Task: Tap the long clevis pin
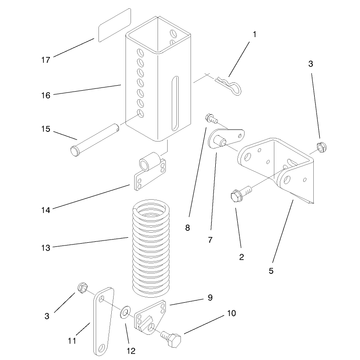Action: click(x=95, y=140)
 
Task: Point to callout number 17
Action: click(x=46, y=60)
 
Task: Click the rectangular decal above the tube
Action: click(x=115, y=25)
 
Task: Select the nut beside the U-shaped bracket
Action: click(x=322, y=147)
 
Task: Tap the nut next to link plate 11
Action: click(x=82, y=288)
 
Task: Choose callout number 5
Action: click(x=271, y=271)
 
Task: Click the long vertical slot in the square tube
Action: click(x=175, y=104)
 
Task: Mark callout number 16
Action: click(x=46, y=95)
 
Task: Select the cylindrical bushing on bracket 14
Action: click(x=150, y=161)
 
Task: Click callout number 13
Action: click(x=46, y=248)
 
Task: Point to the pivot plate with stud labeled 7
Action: click(x=226, y=138)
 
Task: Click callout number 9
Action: click(x=210, y=298)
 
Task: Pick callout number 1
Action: click(x=254, y=34)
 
